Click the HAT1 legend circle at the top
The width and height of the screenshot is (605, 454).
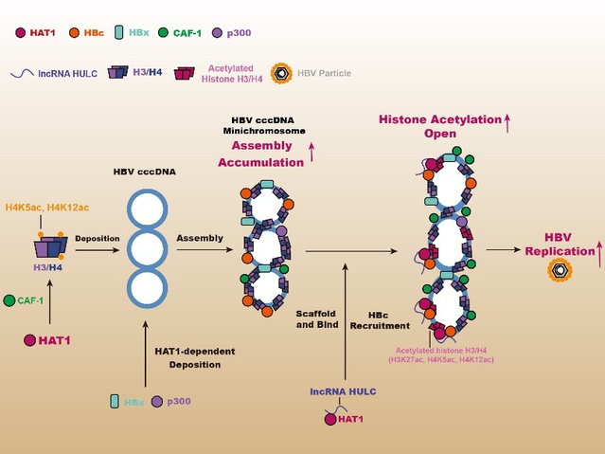(21, 33)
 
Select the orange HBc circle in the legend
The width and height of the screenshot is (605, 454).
(74, 33)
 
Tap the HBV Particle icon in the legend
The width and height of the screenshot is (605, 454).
(281, 73)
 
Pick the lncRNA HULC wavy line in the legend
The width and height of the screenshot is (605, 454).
(22, 73)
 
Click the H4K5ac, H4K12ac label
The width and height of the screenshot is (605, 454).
(47, 208)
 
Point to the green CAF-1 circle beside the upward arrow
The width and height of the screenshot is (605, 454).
(9, 300)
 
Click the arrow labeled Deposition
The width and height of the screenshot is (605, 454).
(98, 250)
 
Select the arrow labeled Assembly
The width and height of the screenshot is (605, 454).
(205, 250)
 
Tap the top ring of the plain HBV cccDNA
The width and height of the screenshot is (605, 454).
(148, 209)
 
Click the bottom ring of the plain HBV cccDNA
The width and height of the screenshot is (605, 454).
(148, 288)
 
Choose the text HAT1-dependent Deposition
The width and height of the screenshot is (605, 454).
(195, 357)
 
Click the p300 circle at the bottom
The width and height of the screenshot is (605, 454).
(157, 402)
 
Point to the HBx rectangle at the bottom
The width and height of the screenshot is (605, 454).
(115, 402)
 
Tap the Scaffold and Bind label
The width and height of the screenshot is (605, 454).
(317, 319)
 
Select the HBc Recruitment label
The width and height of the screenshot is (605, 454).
(380, 320)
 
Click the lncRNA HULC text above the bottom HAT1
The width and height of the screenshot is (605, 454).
(343, 391)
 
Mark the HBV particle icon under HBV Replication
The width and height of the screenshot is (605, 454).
(560, 270)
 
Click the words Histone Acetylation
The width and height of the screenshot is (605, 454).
(440, 119)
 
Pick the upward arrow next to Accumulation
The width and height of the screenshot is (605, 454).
(311, 152)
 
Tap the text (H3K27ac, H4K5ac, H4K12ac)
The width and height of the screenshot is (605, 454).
(441, 360)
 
